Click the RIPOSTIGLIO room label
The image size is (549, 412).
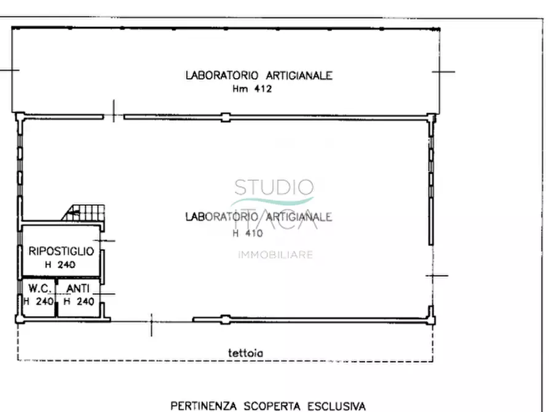[x=61, y=251]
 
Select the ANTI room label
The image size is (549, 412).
[x=78, y=288]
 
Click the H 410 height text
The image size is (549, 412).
[x=248, y=234]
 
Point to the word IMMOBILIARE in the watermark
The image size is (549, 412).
[x=275, y=255]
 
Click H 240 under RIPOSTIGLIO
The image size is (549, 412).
[x=60, y=265]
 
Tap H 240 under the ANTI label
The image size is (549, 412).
[x=79, y=301]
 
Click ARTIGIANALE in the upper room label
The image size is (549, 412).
[x=299, y=76]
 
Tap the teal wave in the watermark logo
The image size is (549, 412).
[x=272, y=202]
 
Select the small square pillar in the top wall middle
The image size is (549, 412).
[x=226, y=116]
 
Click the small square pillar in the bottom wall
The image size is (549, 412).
[x=226, y=319]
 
